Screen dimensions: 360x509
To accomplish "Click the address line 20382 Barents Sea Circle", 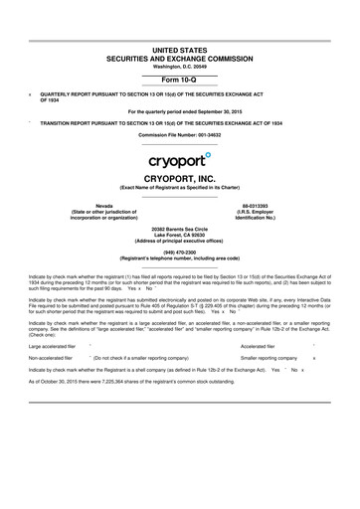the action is (179, 228).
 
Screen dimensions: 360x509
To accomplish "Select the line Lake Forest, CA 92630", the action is (179, 234).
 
